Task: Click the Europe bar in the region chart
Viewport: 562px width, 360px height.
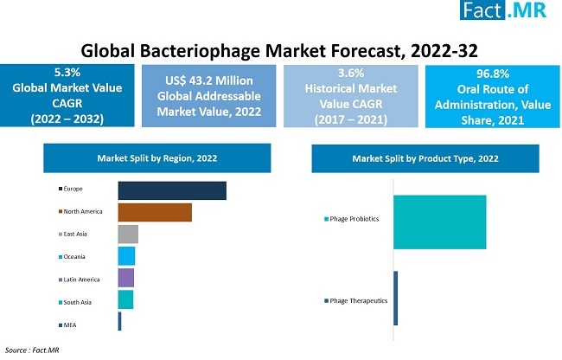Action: pos(172,190)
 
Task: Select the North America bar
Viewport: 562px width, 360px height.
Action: pos(155,212)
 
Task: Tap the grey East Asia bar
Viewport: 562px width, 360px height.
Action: pos(128,235)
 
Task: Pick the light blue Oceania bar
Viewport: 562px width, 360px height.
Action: pos(126,256)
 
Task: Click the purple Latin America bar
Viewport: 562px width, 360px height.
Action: pos(126,278)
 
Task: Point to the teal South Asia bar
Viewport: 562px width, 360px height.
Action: pos(126,299)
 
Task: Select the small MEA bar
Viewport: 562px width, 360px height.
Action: pos(119,321)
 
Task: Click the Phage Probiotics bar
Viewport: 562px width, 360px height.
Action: pos(440,222)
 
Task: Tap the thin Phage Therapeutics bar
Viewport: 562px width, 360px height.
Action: pos(396,299)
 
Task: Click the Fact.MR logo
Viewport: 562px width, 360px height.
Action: pos(503,10)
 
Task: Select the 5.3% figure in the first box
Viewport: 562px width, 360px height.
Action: pos(67,73)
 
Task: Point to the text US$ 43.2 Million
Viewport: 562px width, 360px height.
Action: pos(209,80)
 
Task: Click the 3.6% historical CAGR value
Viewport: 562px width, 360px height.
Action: pos(351,74)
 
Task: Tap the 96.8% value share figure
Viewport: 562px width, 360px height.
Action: pos(493,74)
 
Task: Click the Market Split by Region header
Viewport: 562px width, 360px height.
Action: pos(157,158)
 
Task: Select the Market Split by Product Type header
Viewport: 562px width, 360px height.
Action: pos(425,158)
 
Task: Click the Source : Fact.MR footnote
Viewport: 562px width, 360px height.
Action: pos(32,350)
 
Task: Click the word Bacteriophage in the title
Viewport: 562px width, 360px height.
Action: pos(200,51)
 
